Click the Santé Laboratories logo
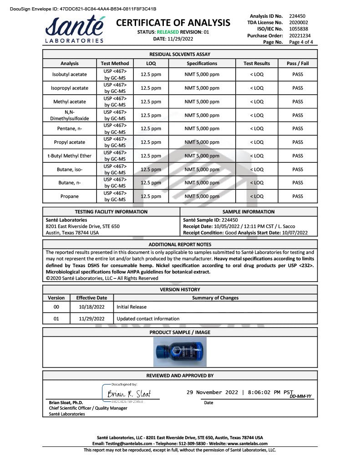pos(75,30)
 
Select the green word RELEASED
pos(167,32)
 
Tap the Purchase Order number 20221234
pos(300,35)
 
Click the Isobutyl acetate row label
pos(69,75)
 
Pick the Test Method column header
pos(115,64)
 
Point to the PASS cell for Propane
pos(298,197)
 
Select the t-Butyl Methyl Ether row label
pos(69,156)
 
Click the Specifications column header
pos(202,64)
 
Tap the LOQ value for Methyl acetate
pos(151,102)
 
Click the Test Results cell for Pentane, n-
pos(257,129)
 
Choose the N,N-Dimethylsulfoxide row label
pos(69,115)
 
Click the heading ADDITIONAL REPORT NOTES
pos(180,245)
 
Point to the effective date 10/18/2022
pos(91,307)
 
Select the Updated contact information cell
pos(148,319)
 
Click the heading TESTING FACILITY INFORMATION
pos(111,212)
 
